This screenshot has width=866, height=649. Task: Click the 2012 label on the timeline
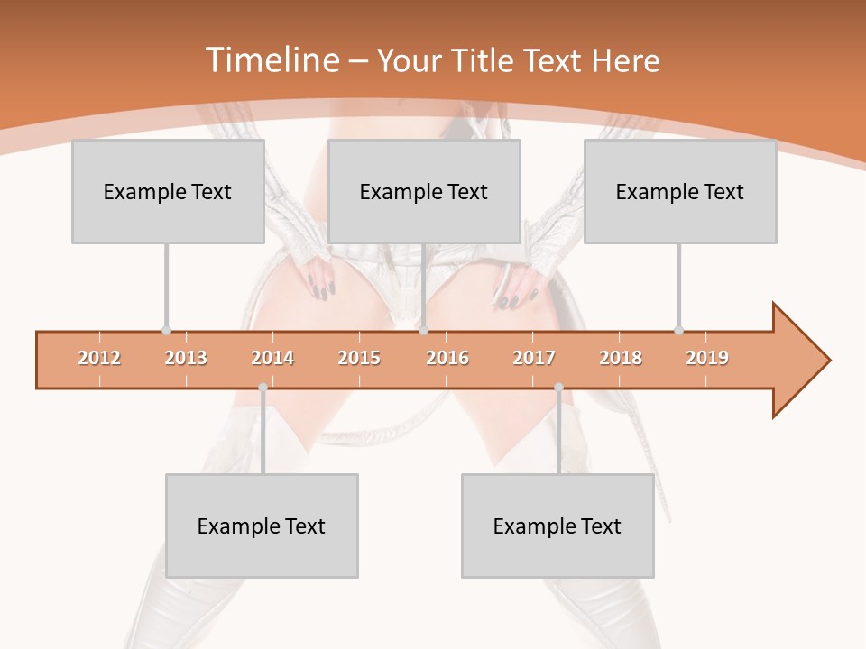[x=99, y=358]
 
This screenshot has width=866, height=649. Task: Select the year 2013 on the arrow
[x=186, y=358]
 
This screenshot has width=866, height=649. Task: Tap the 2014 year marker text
[x=272, y=358]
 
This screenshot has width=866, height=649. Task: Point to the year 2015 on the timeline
[x=359, y=358]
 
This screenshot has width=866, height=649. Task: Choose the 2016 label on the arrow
[x=447, y=358]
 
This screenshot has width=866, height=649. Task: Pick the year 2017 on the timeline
[x=534, y=358]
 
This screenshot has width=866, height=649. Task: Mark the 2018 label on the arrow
[x=621, y=358]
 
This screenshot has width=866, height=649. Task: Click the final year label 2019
[x=707, y=358]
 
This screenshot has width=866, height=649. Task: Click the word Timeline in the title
[x=270, y=60]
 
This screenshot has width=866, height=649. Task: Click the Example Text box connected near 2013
[x=168, y=191]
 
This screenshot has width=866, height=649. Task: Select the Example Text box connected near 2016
[x=424, y=191]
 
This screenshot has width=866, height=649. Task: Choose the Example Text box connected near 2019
[x=680, y=191]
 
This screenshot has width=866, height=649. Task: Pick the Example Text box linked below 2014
[x=262, y=526]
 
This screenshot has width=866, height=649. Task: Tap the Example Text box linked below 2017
[x=557, y=526]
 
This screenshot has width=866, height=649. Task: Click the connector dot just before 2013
[x=166, y=330]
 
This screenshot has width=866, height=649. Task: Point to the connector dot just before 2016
[x=423, y=330]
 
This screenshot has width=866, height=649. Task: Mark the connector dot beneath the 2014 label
[x=263, y=388]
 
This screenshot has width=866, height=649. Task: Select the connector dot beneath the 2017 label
[x=558, y=388]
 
